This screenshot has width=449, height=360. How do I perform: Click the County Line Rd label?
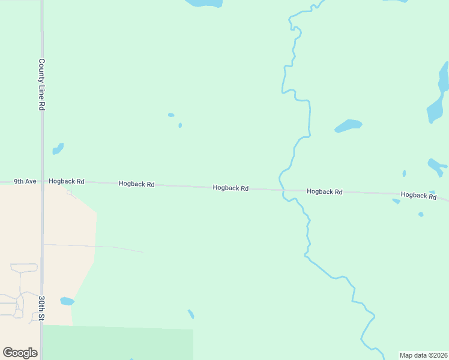coord(42,84)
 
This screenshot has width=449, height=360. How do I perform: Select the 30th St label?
coord(42,308)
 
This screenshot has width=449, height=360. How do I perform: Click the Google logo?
coord(20,353)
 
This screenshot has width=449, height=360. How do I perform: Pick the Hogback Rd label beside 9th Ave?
coord(67,181)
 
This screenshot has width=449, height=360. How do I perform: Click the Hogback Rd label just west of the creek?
coord(231,188)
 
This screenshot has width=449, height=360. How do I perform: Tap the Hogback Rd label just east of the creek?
coord(324,191)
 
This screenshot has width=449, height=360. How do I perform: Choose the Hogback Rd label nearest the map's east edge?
coord(418,195)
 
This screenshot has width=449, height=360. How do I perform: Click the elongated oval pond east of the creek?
coord(348,125)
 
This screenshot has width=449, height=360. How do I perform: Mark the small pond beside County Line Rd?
coord(58,148)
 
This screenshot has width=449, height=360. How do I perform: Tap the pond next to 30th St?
coord(67,301)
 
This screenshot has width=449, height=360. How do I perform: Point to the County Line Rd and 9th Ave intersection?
coord(41,181)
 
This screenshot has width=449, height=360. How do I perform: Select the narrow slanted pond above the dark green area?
coord(191,314)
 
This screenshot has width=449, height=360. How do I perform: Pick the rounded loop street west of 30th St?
coord(23,268)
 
